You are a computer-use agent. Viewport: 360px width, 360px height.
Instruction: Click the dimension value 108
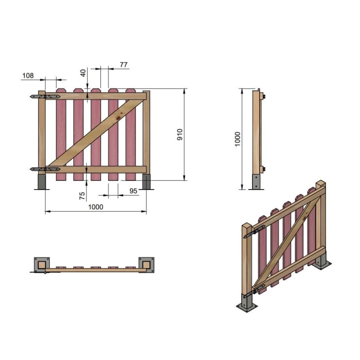(x=28, y=76)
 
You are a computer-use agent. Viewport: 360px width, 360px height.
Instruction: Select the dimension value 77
(x=124, y=65)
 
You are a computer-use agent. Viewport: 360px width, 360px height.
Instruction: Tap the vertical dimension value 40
(x=83, y=72)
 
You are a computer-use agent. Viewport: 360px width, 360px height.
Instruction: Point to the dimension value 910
(x=180, y=135)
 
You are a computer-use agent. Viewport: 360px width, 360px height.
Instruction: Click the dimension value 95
(x=134, y=191)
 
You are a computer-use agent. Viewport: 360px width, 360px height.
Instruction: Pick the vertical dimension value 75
(x=82, y=196)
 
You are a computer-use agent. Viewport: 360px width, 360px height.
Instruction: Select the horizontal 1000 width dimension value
(x=95, y=207)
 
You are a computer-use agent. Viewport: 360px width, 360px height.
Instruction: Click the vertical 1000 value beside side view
(x=238, y=139)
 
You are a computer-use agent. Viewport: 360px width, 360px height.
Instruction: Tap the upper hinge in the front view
(x=45, y=96)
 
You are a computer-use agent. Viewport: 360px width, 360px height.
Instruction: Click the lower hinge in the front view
(x=45, y=169)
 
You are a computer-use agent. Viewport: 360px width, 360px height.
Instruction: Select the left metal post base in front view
(x=42, y=182)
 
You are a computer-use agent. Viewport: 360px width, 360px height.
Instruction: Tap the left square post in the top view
(x=42, y=264)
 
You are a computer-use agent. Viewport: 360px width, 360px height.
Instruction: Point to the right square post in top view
(x=146, y=264)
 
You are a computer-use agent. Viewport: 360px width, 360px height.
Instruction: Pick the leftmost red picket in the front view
(x=61, y=135)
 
